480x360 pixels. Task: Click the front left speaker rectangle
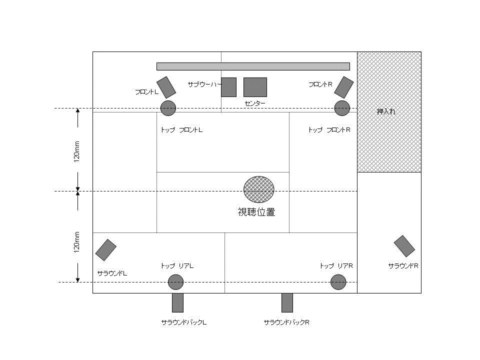click(x=166, y=87)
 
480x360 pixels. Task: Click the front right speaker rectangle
click(x=344, y=87)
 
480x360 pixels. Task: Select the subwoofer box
click(x=228, y=87)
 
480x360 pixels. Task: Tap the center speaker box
click(x=255, y=87)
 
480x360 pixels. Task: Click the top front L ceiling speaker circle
click(x=168, y=108)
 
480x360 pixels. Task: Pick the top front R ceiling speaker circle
click(x=342, y=108)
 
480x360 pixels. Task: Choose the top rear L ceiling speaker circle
click(x=175, y=282)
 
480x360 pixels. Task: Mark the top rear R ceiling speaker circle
click(x=338, y=282)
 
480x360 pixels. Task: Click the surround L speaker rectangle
click(x=106, y=250)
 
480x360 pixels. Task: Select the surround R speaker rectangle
click(x=404, y=246)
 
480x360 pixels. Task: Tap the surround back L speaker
click(x=177, y=303)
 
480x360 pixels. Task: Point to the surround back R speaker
click(x=287, y=303)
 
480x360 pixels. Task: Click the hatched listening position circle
click(x=258, y=189)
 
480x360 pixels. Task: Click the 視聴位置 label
click(x=256, y=212)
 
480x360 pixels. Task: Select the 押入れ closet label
click(x=386, y=111)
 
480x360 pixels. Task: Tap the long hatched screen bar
click(x=253, y=66)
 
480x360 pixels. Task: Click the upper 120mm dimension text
click(x=76, y=151)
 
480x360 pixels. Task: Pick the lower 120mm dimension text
click(x=76, y=242)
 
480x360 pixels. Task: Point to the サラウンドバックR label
click(x=286, y=322)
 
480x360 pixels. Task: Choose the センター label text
click(x=255, y=103)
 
